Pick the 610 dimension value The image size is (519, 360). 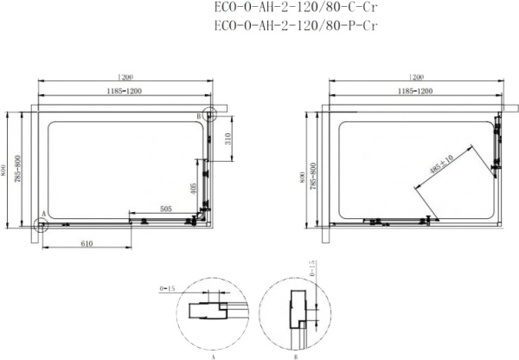point(86,243)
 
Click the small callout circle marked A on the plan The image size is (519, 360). point(41,224)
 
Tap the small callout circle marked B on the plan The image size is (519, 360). point(208,115)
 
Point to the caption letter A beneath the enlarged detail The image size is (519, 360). point(211,355)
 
